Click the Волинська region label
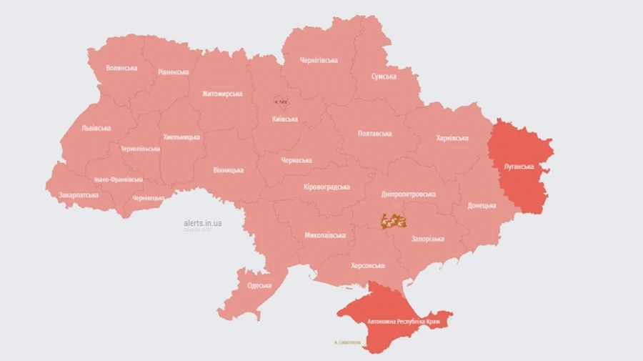pos(121,68)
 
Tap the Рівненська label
pos(174,72)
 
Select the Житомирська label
pos(221,94)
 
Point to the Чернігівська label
pos(319,60)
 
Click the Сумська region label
pos(384,76)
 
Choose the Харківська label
pos(452,138)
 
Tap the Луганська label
pos(519,166)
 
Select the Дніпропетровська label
pos(409,194)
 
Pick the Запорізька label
pos(427,239)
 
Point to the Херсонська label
pos(367,265)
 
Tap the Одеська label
pos(259,286)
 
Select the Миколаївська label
pos(325,235)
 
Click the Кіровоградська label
pos(327,187)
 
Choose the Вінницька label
pos(228,170)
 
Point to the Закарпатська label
pos(79,194)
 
